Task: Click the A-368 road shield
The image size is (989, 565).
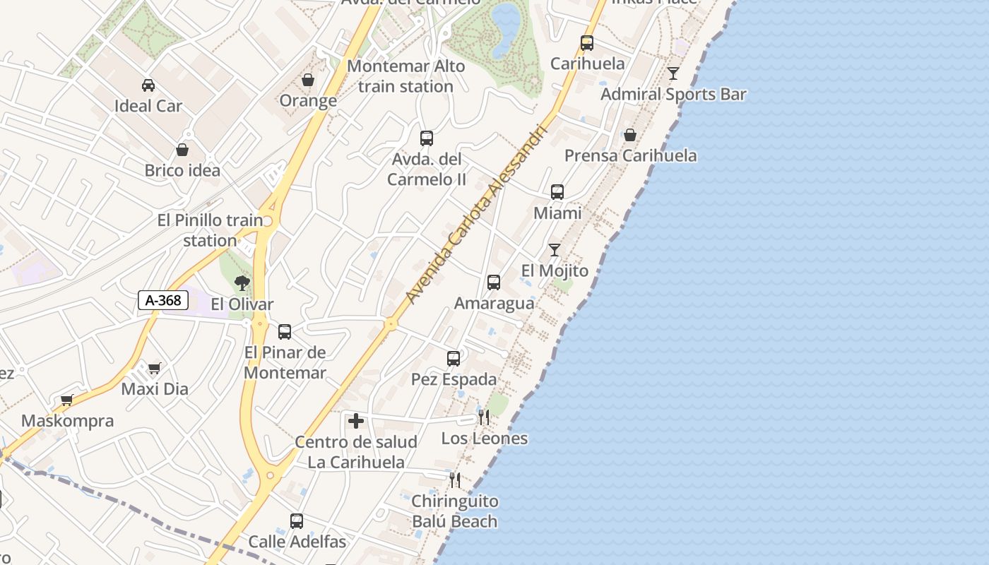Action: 163,300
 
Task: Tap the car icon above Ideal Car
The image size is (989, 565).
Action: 148,85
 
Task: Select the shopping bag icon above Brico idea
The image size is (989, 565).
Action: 182,150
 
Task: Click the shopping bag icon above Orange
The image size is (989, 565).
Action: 308,81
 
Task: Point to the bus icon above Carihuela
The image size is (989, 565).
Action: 587,43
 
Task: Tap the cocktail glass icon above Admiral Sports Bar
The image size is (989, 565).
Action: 673,73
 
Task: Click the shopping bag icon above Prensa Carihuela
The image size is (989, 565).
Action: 630,135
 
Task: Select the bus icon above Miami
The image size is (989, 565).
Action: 557,192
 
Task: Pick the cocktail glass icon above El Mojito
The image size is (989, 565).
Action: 555,250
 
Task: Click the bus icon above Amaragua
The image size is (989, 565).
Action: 494,282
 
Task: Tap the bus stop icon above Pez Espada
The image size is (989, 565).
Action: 454,359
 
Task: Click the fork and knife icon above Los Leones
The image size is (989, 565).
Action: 484,417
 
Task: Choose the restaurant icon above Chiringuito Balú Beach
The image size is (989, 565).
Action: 455,480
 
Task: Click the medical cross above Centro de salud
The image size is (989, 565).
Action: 356,422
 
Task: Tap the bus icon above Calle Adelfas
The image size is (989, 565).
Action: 297,521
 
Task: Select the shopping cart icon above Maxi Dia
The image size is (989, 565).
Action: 155,368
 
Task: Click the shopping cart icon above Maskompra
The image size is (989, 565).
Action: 67,400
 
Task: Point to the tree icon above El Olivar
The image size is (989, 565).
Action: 242,284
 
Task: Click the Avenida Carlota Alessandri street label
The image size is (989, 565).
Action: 477,215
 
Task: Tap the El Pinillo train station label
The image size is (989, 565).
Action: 210,230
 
